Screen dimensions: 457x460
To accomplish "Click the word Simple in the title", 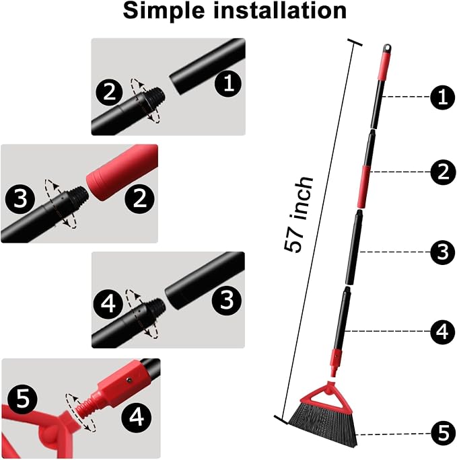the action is pos(164,11).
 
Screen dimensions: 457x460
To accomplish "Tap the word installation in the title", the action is pos(279,10).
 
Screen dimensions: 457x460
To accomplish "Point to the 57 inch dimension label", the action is pos(299,214).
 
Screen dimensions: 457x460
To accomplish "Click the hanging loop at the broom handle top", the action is pos(388,48).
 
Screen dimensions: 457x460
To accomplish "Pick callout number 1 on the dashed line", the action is pos(443,97).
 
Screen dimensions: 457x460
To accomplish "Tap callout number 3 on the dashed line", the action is pos(443,252).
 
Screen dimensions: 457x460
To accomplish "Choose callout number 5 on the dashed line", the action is pos(444,433).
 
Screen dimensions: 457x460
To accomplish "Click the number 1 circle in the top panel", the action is pos(229,83).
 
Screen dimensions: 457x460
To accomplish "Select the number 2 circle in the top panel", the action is pos(109,92).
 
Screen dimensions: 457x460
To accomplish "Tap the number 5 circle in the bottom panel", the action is pos(22,399).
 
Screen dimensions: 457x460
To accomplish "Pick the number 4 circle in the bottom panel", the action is pos(136,417).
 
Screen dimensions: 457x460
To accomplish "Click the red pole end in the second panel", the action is pos(122,172).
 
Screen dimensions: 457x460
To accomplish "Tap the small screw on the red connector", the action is pos(129,380).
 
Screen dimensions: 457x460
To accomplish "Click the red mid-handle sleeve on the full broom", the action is pos(363,186).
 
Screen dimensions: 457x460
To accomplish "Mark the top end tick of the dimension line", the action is pos(355,42).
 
